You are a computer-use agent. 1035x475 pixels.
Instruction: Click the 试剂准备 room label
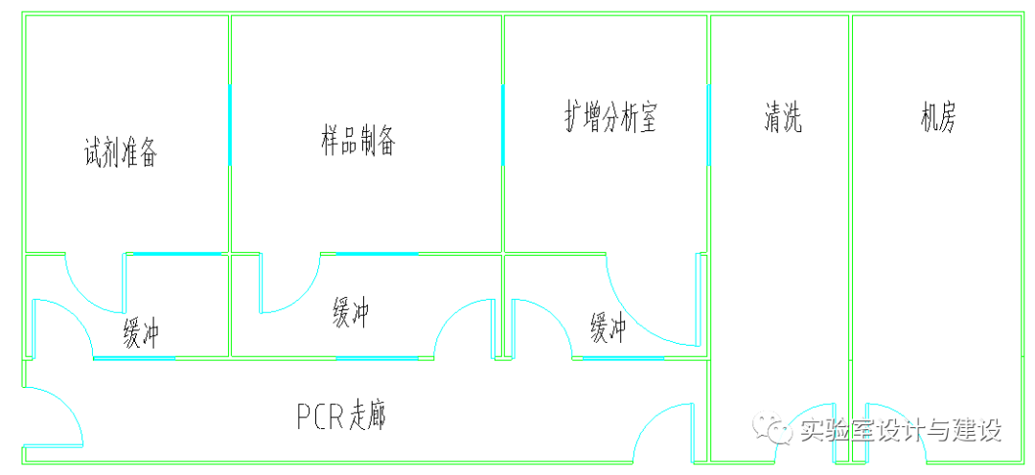click(120, 153)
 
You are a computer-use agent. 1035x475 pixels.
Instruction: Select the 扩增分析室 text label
click(609, 118)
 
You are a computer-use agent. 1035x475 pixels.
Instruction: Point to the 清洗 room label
click(782, 118)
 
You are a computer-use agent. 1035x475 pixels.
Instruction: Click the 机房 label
click(937, 118)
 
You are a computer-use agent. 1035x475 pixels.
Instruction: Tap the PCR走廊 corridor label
click(341, 416)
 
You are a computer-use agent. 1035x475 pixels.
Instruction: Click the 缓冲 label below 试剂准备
click(140, 334)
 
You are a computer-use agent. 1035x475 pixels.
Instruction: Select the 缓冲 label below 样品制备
click(351, 313)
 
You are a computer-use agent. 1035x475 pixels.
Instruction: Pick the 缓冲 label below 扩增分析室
click(608, 328)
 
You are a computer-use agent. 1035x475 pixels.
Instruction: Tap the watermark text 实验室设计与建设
click(900, 431)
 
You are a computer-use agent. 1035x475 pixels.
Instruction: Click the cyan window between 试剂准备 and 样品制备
click(230, 124)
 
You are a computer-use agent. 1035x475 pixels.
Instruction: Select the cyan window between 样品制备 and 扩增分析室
click(503, 124)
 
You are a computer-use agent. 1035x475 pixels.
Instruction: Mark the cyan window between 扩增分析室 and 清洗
click(708, 124)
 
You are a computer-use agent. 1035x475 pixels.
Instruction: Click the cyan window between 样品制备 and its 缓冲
click(377, 254)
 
